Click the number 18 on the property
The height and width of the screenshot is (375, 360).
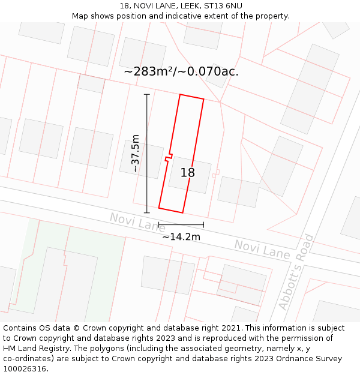coord(187,173)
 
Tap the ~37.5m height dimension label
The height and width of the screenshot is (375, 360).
coord(136,154)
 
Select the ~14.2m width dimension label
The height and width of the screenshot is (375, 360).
coord(181,236)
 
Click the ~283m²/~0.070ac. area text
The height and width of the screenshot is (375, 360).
coord(181,72)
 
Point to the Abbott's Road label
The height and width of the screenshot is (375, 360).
coord(296,272)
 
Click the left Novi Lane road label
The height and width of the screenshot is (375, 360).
coord(137,223)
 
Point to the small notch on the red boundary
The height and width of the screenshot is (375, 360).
coord(169,158)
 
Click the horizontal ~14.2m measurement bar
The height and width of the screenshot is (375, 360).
coord(181,225)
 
